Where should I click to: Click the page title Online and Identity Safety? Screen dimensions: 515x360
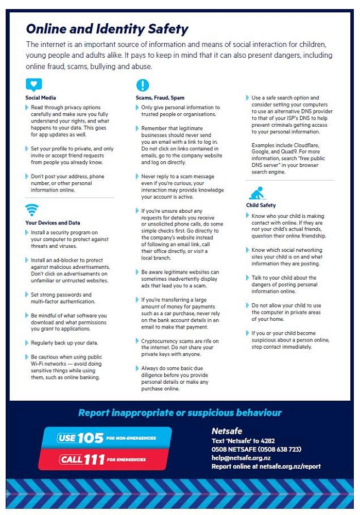coord(107,28)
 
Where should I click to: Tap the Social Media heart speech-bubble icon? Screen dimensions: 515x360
coord(33,85)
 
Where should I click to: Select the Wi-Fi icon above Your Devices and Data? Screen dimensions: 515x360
coord(32,210)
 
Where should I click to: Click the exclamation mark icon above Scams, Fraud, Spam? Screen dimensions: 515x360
coord(142,85)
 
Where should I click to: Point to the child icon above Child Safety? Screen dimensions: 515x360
coord(256,193)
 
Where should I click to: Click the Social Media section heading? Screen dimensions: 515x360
coord(41,97)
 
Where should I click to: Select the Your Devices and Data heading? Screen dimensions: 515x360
coord(53,223)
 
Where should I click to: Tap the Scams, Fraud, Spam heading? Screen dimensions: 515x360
coord(160,97)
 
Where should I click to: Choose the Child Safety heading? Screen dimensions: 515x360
coord(261,205)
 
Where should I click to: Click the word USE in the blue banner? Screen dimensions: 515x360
coord(66,438)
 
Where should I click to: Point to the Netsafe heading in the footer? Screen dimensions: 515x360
coord(227,431)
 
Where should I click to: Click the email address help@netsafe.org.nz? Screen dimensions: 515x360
coord(241,457)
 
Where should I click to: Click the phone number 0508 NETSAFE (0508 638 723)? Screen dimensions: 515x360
coord(256,449)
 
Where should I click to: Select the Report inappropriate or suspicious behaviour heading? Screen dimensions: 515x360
coord(180,413)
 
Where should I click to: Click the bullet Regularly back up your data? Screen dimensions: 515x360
coord(64,342)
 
